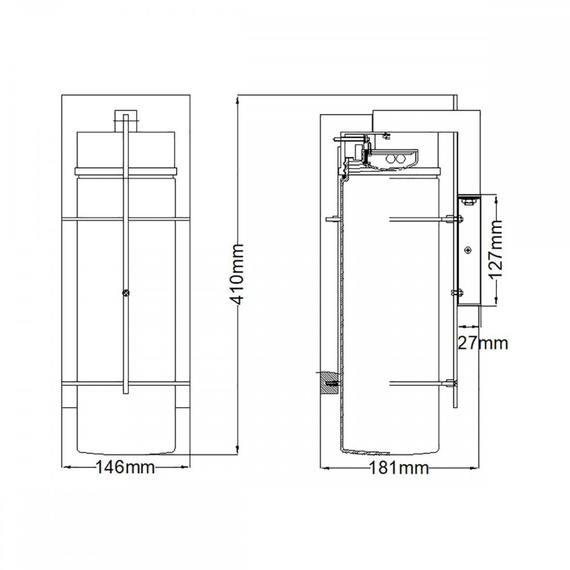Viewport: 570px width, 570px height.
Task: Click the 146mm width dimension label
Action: (125, 467)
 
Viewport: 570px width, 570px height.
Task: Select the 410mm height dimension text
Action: (238, 275)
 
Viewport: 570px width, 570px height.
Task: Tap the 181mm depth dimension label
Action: (399, 468)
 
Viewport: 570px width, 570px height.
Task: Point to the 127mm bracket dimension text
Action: (496, 249)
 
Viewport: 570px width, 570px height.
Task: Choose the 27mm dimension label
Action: (483, 343)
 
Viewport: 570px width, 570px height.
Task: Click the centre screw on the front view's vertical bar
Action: (126, 292)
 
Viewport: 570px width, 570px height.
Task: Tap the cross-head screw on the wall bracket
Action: (468, 250)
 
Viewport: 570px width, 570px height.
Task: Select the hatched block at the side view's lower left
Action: (329, 382)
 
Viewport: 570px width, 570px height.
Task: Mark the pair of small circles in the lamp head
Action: (395, 159)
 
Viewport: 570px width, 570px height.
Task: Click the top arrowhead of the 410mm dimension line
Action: (238, 99)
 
